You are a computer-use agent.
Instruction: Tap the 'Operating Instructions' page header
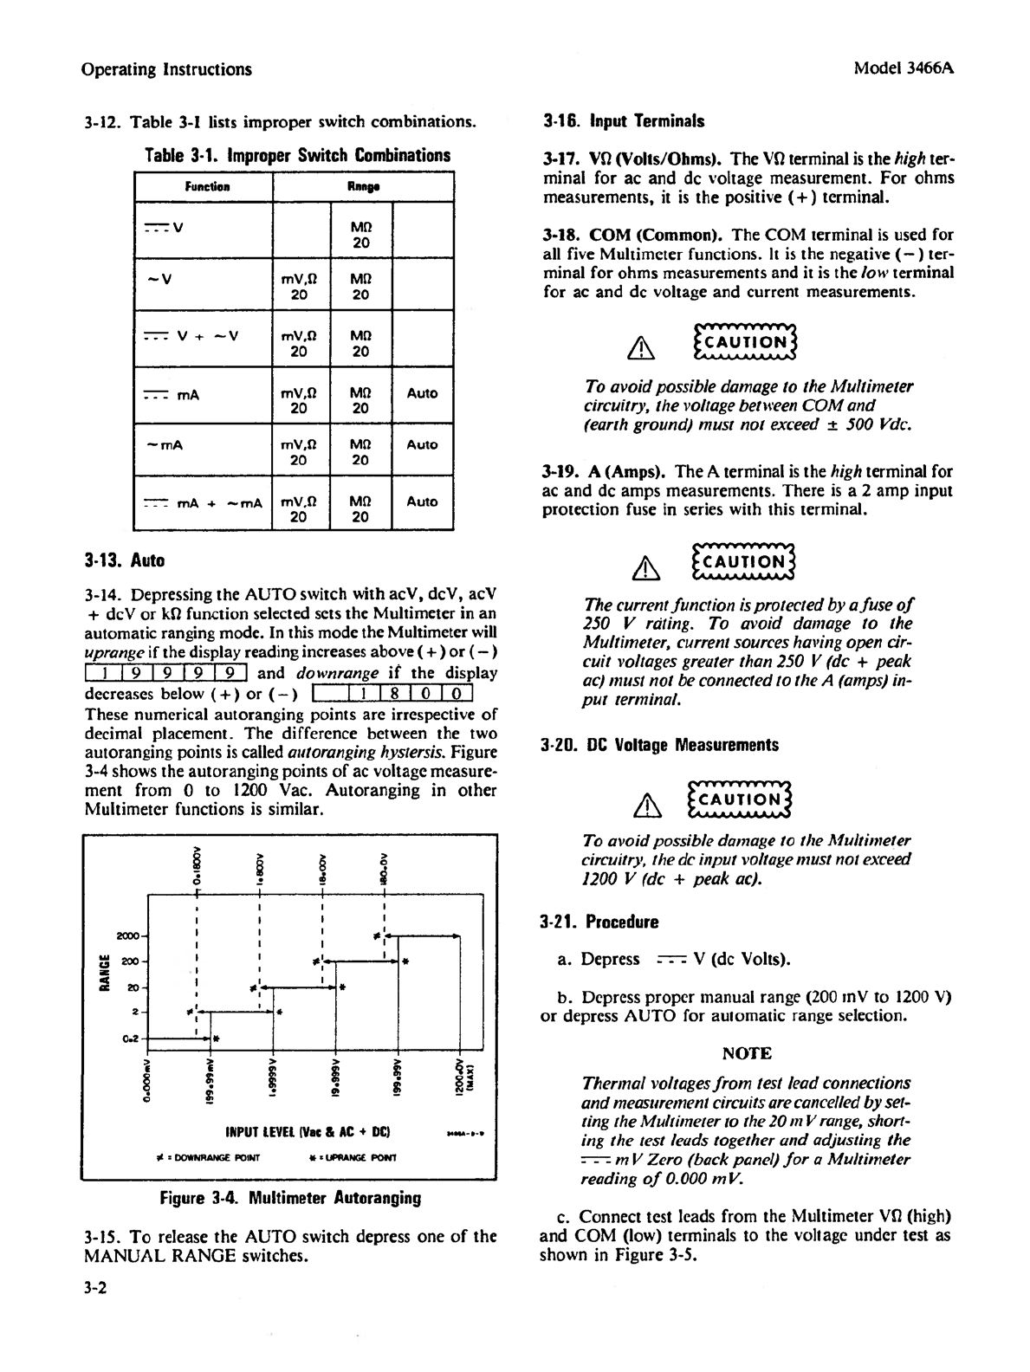pyautogui.click(x=165, y=69)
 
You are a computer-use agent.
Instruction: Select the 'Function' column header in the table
pyautogui.click(x=208, y=186)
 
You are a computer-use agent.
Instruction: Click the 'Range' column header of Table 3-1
pyautogui.click(x=363, y=186)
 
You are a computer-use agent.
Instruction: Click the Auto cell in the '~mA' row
pyautogui.click(x=422, y=445)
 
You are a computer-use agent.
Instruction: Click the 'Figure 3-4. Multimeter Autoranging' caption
pyautogui.click(x=290, y=1199)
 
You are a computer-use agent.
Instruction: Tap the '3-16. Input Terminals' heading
pyautogui.click(x=623, y=122)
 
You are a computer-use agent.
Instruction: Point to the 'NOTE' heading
pyautogui.click(x=747, y=1053)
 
